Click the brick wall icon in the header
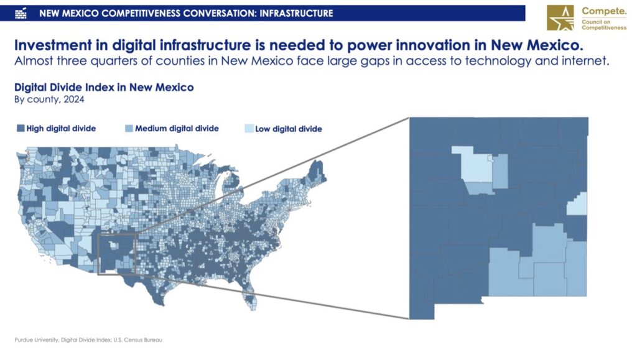tap(21, 14)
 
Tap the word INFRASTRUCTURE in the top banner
tap(296, 14)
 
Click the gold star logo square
tap(560, 17)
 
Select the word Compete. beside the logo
tap(604, 11)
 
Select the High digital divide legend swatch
tap(21, 128)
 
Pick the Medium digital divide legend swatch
tap(129, 128)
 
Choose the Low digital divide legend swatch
tap(249, 129)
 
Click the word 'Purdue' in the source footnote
tap(24, 339)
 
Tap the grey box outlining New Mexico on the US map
tap(98, 254)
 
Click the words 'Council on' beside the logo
tap(596, 22)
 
